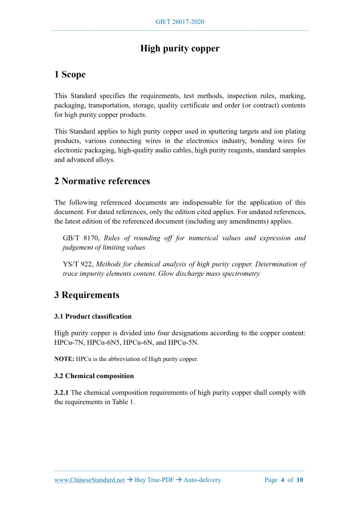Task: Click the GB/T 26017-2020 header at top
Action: (180, 22)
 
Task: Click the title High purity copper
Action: (180, 48)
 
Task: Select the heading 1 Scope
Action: (70, 74)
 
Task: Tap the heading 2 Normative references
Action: (102, 181)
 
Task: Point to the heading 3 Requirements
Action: (86, 295)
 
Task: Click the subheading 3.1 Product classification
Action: (92, 316)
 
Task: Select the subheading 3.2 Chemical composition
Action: (94, 376)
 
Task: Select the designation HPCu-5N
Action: (184, 343)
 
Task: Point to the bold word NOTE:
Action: (64, 359)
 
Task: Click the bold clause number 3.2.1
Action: (62, 393)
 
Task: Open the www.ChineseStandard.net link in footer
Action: (89, 480)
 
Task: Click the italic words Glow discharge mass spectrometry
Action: (208, 273)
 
